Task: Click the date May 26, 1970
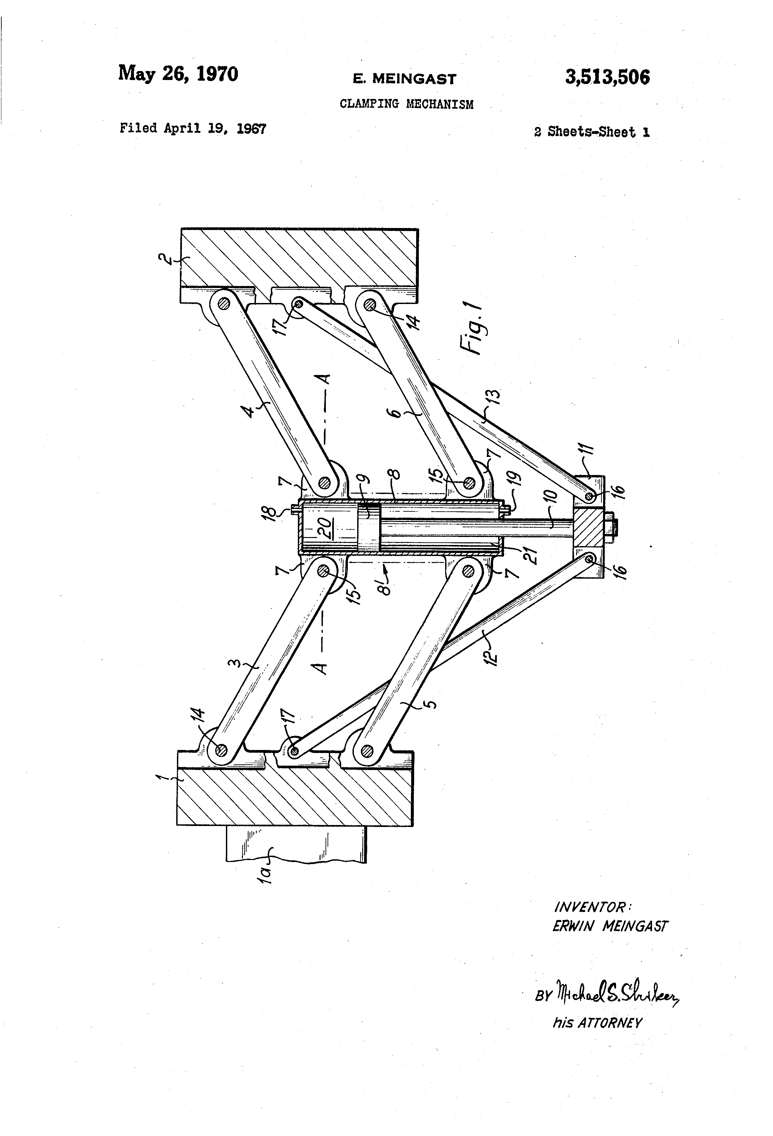point(178,74)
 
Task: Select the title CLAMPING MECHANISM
point(406,104)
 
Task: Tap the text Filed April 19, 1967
point(193,129)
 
